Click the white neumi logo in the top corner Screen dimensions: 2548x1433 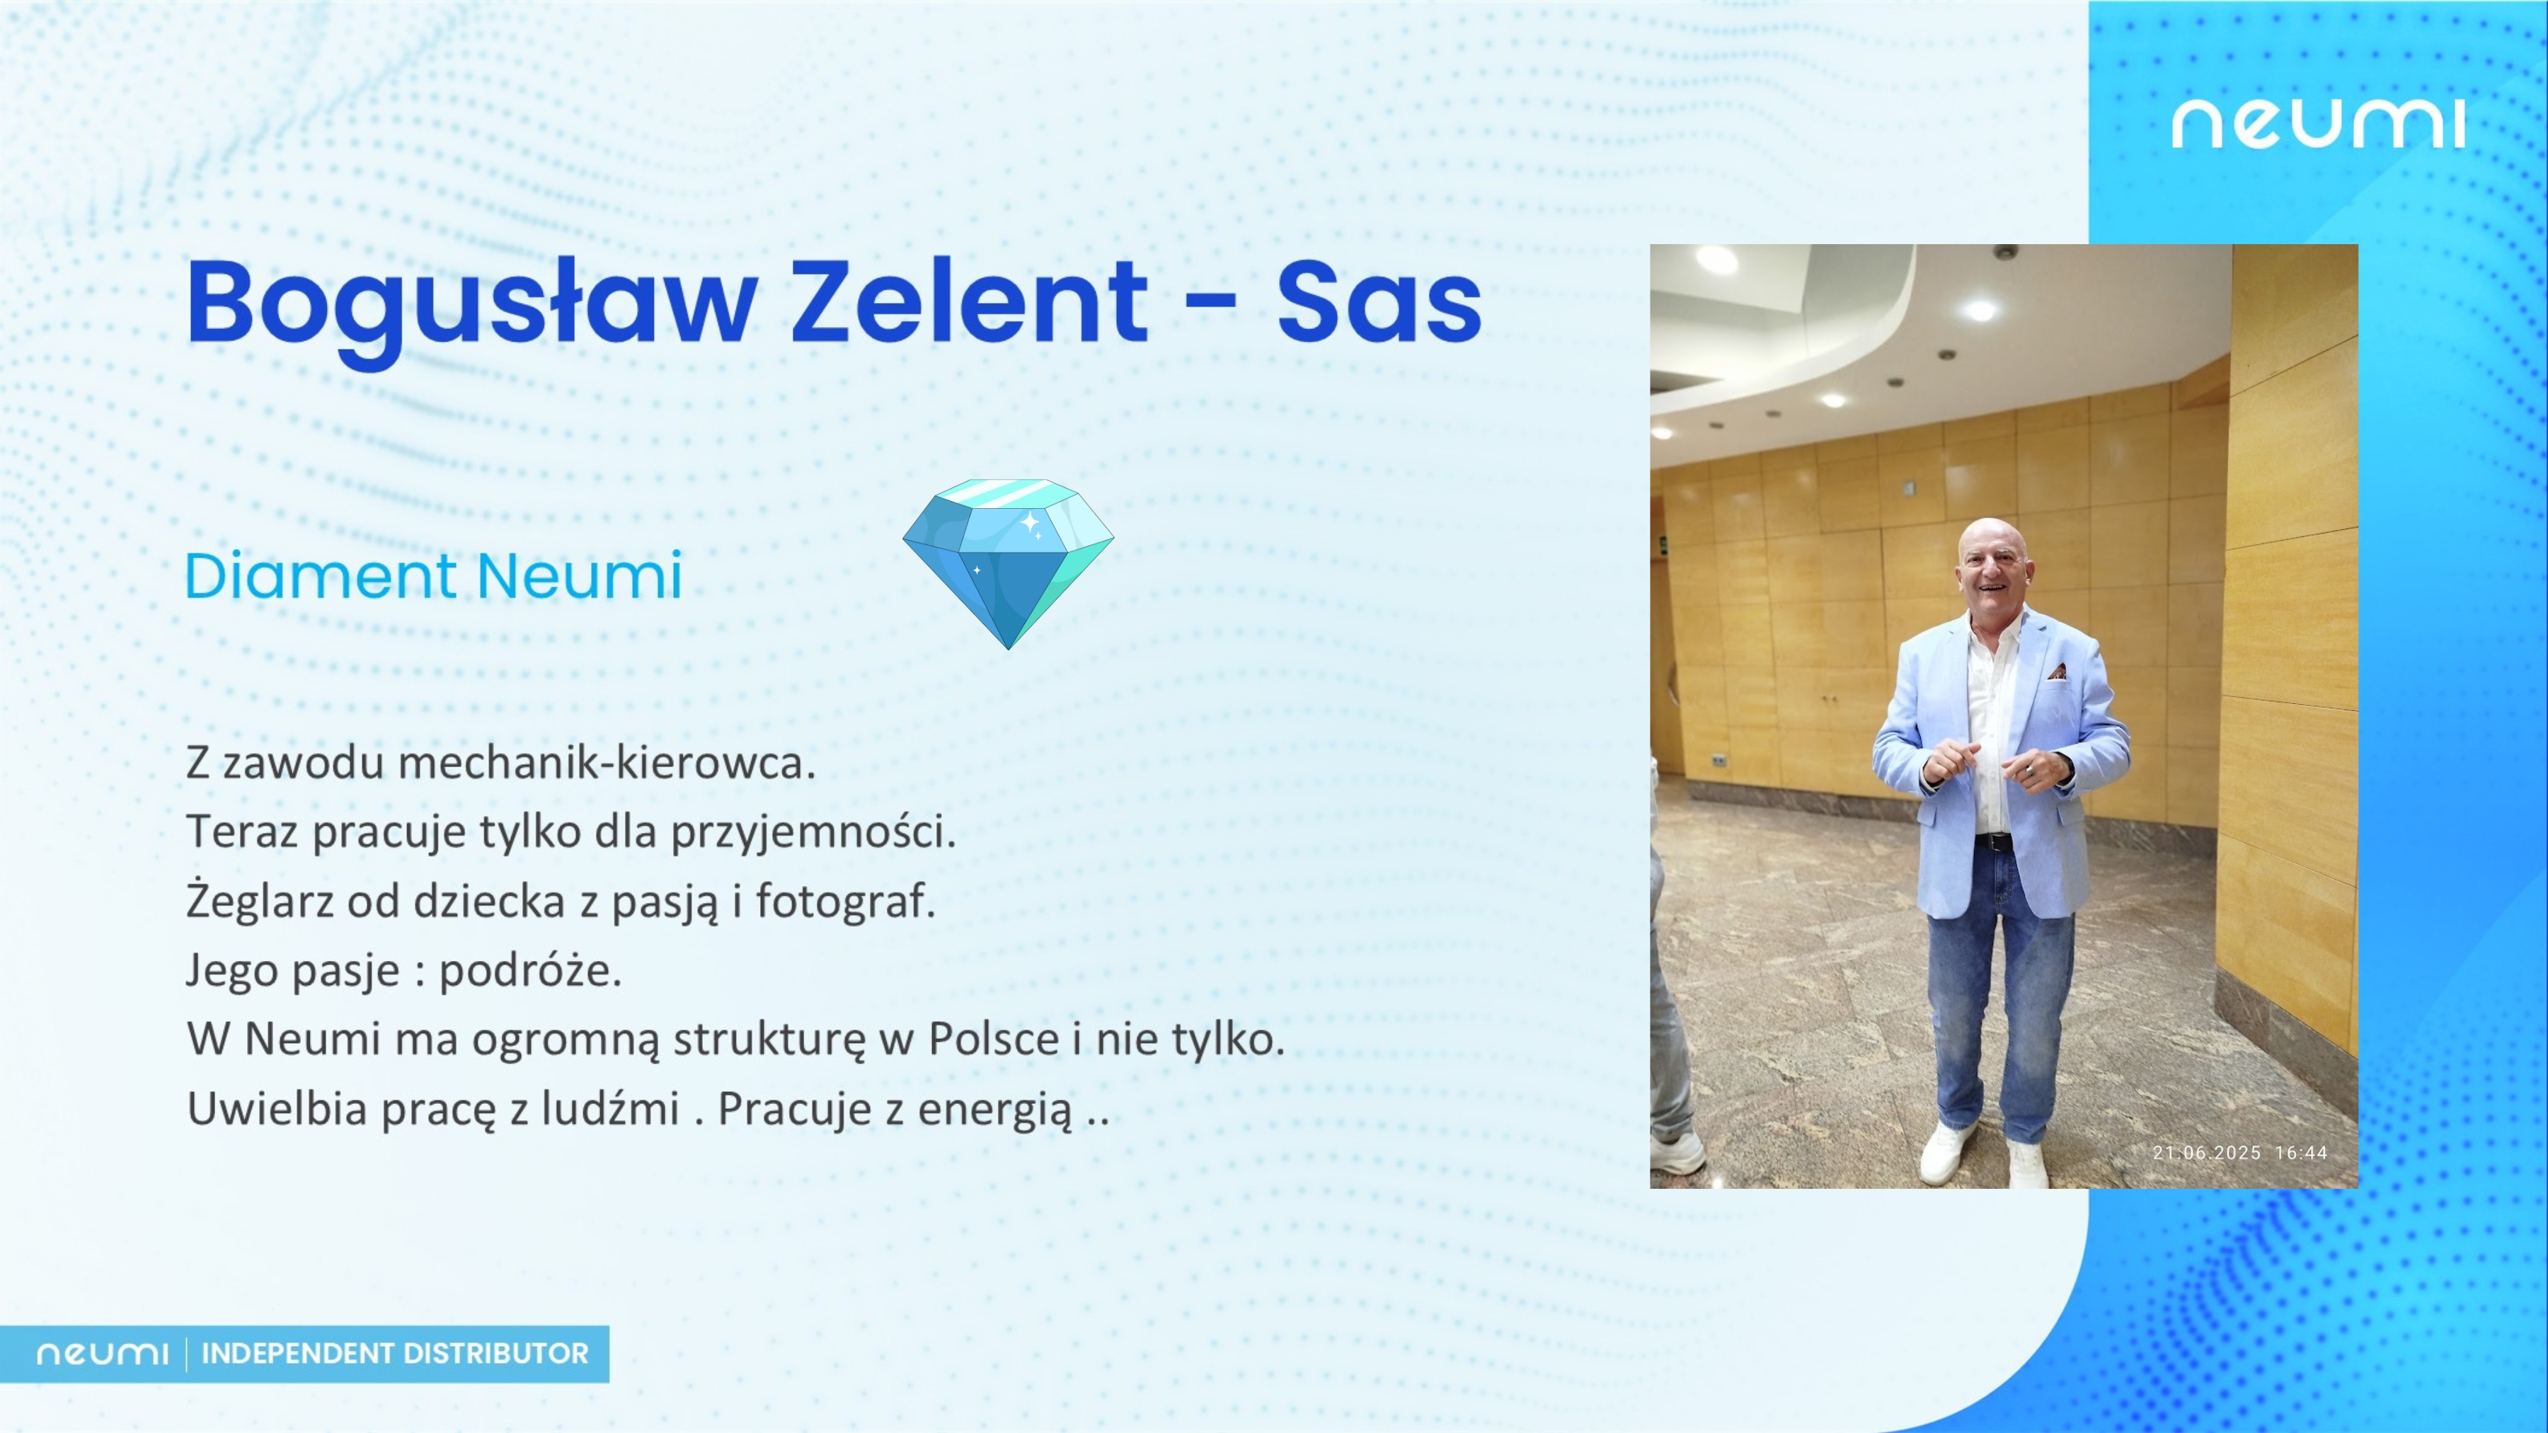[x=2317, y=124]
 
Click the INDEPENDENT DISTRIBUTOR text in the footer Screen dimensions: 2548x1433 [x=395, y=1353]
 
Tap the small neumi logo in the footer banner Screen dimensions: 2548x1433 [x=102, y=1354]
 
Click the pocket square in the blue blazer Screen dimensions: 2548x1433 [x=2058, y=672]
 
